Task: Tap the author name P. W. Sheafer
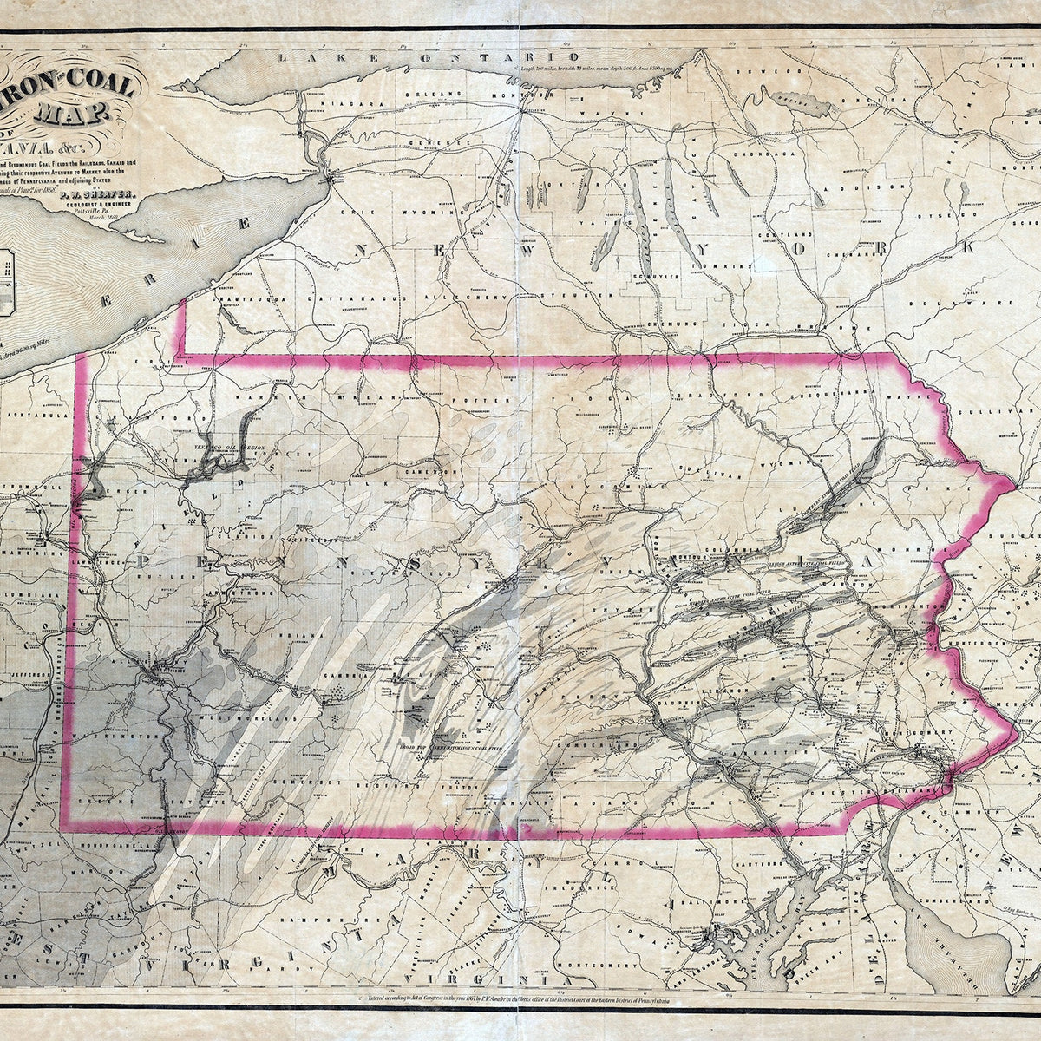[87, 196]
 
